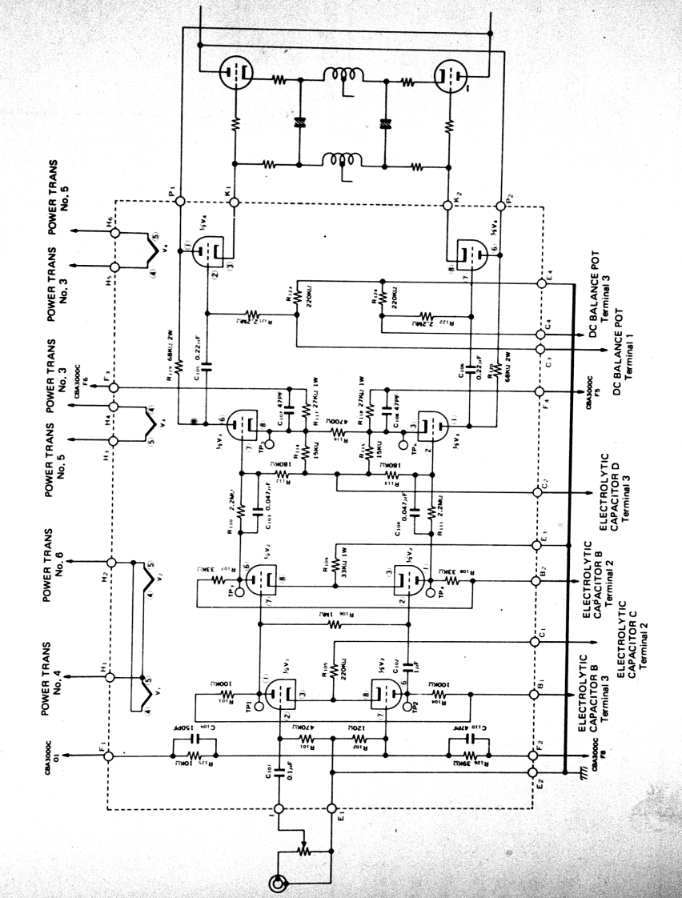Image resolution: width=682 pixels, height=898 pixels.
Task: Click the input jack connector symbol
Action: [x=279, y=883]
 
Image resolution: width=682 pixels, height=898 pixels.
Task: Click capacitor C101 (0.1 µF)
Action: [x=280, y=774]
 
